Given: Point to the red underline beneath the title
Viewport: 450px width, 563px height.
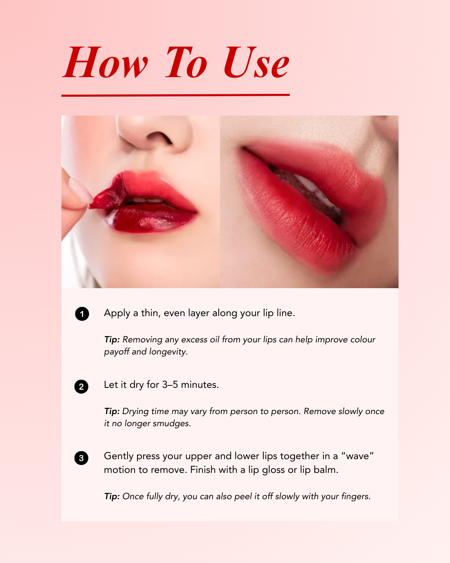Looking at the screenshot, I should click(175, 95).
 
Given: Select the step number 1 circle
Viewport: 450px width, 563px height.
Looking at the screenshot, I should click(82, 314).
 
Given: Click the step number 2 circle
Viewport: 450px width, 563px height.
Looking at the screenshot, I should click(81, 387).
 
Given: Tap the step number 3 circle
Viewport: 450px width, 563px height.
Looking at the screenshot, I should click(81, 458).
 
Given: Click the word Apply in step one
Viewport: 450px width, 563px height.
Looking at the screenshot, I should click(117, 313).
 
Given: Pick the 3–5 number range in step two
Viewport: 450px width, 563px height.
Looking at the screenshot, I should click(170, 385).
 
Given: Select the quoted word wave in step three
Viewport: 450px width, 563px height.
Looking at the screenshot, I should click(357, 456).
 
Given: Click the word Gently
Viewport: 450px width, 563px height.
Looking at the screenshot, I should click(119, 456).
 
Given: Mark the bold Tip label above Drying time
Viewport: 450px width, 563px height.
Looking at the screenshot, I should click(112, 411).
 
